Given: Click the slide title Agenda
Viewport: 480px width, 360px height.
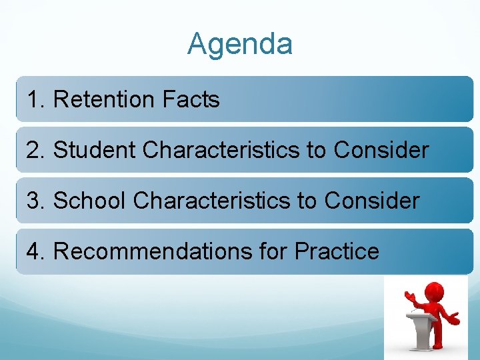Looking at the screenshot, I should (x=240, y=45).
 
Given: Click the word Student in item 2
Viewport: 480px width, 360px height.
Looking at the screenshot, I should (x=95, y=150).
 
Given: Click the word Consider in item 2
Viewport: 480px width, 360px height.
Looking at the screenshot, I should (x=381, y=150).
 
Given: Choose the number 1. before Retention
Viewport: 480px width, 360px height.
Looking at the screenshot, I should (x=36, y=100).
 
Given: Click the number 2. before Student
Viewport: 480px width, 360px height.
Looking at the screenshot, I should (x=36, y=150).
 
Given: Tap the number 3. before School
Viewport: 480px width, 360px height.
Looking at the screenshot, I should (x=36, y=201).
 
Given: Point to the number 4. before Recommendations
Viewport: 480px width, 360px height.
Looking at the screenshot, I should (x=36, y=251).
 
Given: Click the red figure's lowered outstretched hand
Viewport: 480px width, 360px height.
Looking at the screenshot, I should (x=456, y=319).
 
